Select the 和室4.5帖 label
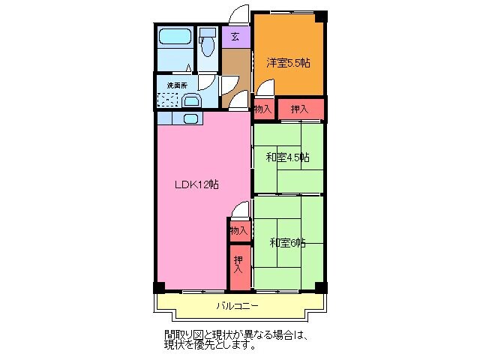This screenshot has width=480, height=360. tap(288, 157)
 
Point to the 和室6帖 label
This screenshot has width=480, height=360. tap(288, 242)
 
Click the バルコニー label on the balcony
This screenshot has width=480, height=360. tap(237, 306)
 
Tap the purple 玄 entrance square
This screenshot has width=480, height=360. tap(235, 35)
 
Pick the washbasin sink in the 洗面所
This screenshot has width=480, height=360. tap(192, 102)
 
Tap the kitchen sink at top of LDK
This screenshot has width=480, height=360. tap(190, 118)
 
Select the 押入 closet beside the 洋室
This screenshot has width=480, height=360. tap(300, 109)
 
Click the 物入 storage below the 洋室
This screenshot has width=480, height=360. tap(262, 109)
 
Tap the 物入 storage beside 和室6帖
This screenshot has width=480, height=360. tap(238, 230)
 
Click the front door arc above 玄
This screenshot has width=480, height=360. tap(238, 15)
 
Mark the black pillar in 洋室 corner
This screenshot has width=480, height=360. tap(320, 15)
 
